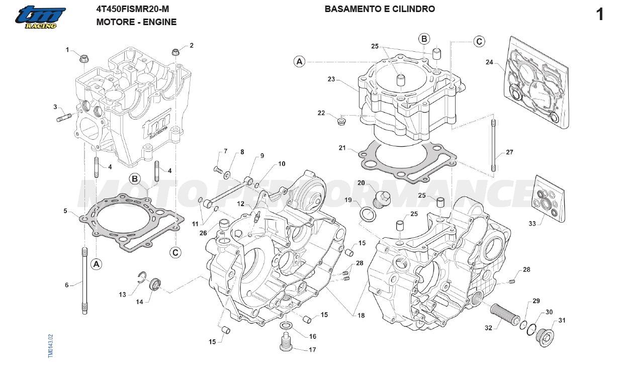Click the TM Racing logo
[40, 18]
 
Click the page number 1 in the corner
[599, 15]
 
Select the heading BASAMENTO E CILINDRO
[380, 9]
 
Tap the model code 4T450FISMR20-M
[133, 9]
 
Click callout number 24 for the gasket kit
[489, 62]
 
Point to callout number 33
[532, 224]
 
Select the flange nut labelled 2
[175, 51]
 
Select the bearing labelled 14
[155, 284]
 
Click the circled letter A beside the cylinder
[300, 61]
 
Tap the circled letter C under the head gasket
[175, 252]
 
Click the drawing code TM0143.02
[50, 346]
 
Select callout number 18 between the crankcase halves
[361, 315]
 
